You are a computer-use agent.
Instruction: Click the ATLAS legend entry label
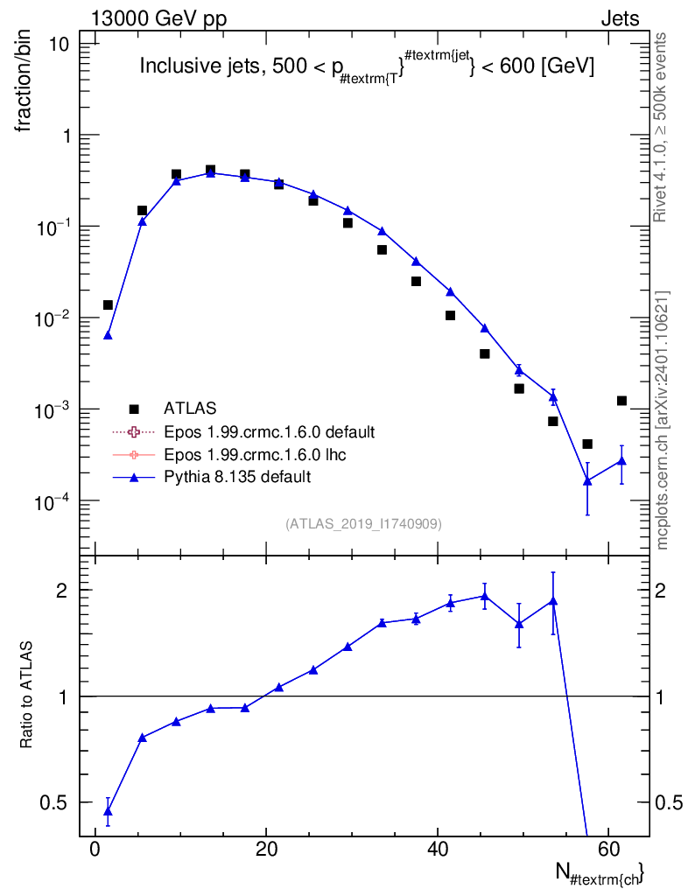click(190, 408)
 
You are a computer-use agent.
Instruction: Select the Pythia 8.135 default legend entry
click(237, 477)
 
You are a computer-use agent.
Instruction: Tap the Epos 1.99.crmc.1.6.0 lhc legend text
click(255, 454)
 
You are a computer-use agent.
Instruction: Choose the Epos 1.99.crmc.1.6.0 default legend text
click(269, 431)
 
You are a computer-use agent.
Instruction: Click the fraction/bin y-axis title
click(23, 80)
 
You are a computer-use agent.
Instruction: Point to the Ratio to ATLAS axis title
click(25, 694)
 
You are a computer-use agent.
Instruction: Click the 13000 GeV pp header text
click(158, 18)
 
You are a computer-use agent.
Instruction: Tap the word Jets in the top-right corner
click(620, 19)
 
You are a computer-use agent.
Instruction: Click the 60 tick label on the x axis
click(608, 849)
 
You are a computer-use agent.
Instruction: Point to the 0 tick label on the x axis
click(95, 849)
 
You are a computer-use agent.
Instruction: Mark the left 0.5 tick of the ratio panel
click(53, 802)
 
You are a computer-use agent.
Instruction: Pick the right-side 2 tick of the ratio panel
click(661, 591)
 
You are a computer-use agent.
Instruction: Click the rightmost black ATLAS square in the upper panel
click(621, 401)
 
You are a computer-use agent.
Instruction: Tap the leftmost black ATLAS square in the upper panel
click(108, 304)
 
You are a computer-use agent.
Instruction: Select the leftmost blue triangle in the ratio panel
click(108, 811)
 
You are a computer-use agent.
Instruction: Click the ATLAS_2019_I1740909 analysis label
click(363, 523)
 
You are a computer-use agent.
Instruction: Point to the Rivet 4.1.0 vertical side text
click(660, 127)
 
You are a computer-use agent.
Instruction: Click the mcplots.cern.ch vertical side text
click(661, 421)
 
